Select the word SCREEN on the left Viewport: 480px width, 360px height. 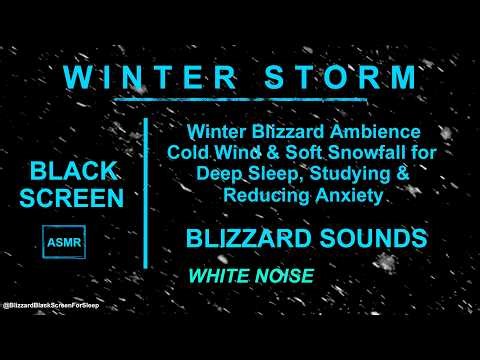point(77,197)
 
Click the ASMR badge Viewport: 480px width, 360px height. point(63,241)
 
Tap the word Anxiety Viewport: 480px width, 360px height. point(350,195)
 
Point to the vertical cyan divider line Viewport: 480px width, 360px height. point(147,190)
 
